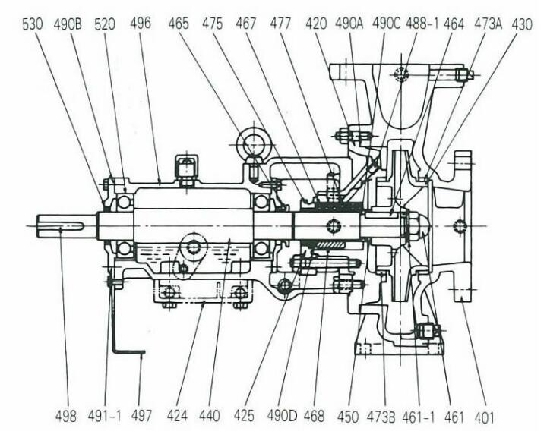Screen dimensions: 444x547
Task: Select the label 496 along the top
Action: (x=140, y=24)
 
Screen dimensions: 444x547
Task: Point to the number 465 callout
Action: (x=179, y=24)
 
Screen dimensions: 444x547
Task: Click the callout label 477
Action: (x=282, y=24)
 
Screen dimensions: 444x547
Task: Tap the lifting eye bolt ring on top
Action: (x=251, y=142)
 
